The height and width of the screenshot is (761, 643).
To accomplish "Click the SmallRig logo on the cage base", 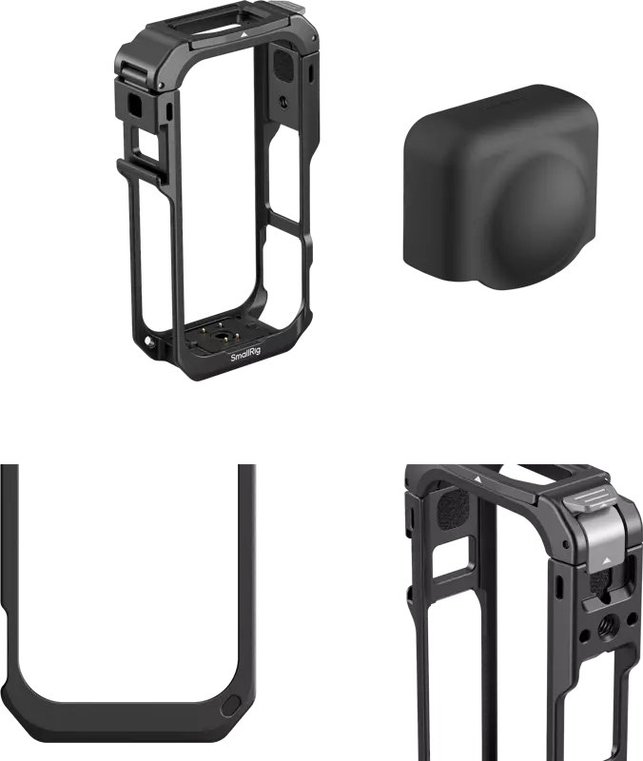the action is click(x=245, y=357).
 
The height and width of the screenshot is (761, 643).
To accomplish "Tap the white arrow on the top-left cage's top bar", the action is click(x=244, y=35).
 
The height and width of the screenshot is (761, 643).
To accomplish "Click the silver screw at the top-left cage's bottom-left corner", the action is click(x=149, y=341).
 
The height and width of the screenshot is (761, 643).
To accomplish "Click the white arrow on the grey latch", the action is click(x=605, y=560).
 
